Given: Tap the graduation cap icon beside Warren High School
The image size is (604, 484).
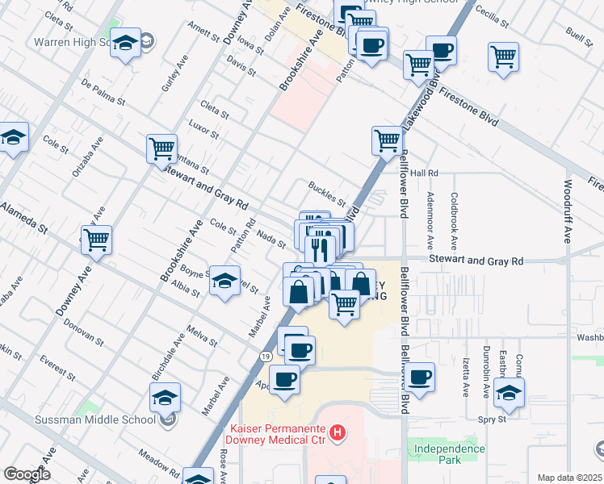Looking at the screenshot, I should click(x=125, y=43).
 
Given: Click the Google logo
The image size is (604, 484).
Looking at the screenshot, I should click(x=27, y=474).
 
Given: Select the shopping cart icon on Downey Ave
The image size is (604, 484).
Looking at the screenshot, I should click(x=96, y=240).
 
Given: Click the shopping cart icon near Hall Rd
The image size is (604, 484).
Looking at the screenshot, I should click(x=387, y=140).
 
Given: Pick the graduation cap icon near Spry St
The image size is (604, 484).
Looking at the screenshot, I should click(x=509, y=393).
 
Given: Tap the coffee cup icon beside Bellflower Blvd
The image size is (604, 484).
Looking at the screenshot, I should click(x=420, y=376).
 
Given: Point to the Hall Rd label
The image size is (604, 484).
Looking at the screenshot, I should click(x=424, y=173).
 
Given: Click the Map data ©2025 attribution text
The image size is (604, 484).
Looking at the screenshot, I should click(x=569, y=478).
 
